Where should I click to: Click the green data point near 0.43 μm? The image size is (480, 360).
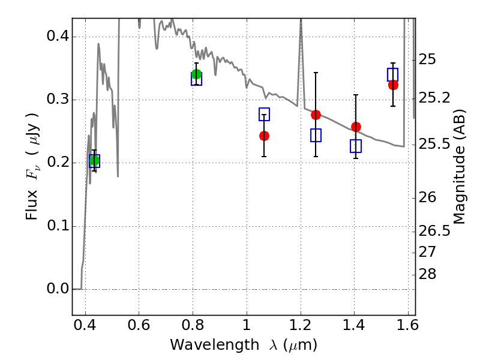(94, 160)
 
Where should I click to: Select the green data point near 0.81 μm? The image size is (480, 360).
(196, 74)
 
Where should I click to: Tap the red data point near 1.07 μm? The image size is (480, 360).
(264, 136)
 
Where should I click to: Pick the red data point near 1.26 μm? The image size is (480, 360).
(316, 115)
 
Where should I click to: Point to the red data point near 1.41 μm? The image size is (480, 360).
(356, 127)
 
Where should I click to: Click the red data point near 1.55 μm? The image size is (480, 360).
(393, 85)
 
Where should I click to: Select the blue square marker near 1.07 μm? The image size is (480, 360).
(264, 114)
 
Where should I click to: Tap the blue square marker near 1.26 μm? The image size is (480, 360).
(316, 135)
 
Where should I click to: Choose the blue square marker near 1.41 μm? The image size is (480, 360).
(356, 146)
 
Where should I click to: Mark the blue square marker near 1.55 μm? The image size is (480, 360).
(393, 74)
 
